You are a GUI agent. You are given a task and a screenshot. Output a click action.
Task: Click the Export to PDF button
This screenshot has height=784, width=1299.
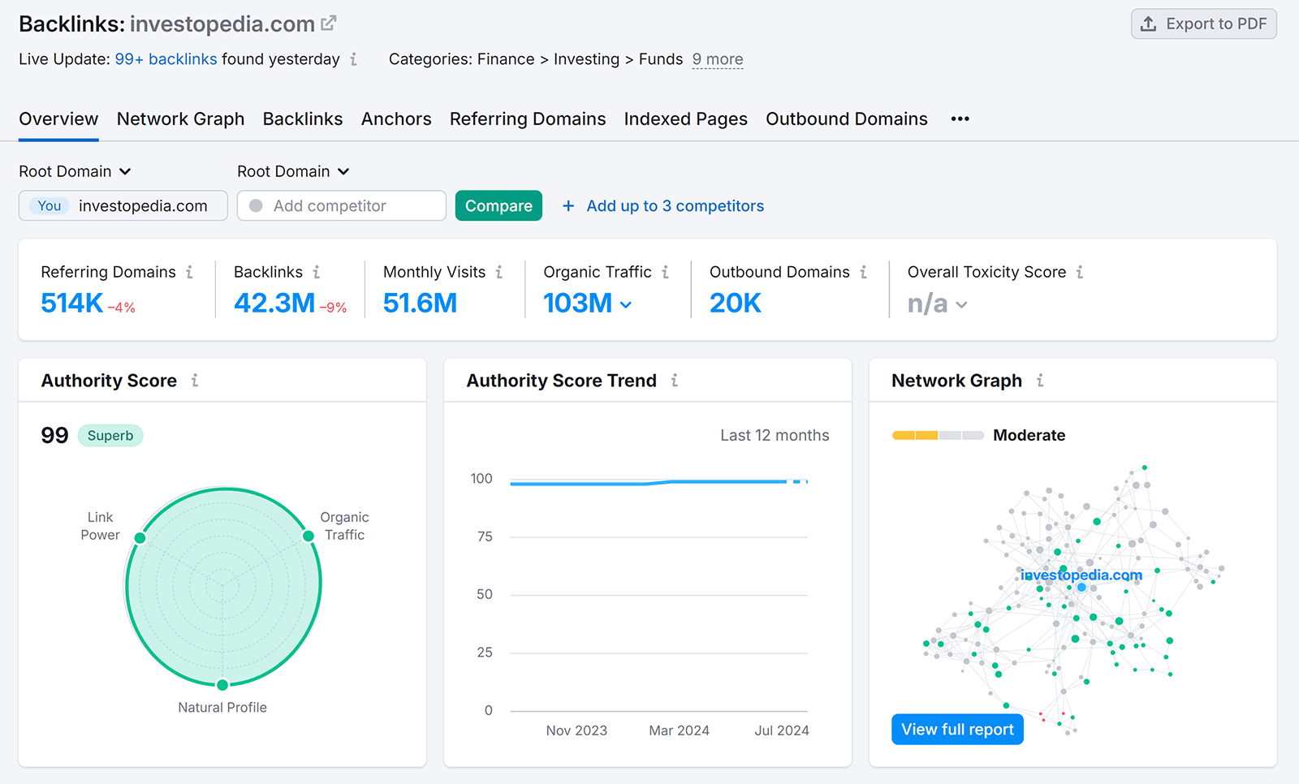[1203, 24]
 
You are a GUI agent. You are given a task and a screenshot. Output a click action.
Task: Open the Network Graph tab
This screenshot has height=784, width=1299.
[180, 119]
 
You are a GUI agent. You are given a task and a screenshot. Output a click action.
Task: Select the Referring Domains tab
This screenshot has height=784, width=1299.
[527, 119]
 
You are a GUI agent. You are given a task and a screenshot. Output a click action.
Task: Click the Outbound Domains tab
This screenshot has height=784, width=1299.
[846, 119]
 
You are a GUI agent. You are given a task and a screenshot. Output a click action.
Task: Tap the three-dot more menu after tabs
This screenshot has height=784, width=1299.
[960, 119]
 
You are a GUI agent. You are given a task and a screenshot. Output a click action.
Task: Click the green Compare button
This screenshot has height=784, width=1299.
[498, 206]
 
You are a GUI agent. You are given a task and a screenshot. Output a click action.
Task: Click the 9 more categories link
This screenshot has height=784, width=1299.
[717, 59]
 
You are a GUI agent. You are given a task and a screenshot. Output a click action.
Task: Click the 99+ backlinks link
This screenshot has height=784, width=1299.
[166, 59]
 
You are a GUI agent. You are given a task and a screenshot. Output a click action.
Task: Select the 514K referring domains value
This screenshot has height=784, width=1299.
[72, 304]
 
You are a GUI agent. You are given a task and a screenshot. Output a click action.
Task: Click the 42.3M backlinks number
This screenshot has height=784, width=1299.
[274, 304]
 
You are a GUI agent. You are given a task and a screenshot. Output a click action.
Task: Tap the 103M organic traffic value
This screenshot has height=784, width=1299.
[577, 304]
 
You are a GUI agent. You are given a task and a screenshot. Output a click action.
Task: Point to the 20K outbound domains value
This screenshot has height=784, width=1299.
[735, 304]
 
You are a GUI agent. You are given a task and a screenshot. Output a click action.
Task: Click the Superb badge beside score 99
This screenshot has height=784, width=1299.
[110, 436]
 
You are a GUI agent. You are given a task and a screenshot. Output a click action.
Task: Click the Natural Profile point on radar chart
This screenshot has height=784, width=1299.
[222, 685]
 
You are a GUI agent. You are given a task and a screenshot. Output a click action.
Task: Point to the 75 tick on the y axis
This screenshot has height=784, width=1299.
[485, 536]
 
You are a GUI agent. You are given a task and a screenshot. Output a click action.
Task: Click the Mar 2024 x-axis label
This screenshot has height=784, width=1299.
[679, 730]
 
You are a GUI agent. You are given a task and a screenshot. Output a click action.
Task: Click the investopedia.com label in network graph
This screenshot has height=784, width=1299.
[1081, 575]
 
